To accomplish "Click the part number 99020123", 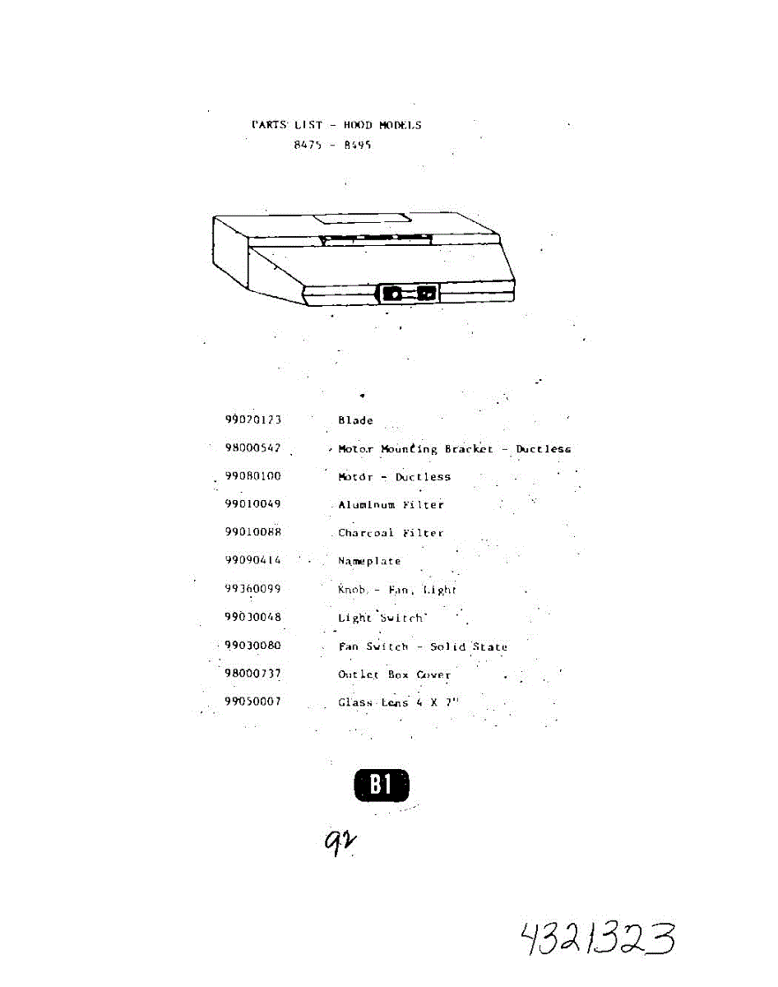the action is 253,419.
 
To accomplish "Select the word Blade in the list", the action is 355,420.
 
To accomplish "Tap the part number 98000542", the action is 253,448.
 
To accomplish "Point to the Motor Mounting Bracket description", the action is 454,449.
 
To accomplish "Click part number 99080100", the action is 253,476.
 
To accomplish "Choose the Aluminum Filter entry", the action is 391,505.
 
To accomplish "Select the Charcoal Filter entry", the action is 391,533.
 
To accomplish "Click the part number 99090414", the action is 253,560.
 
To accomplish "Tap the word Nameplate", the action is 369,561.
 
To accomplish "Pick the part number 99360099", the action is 253,589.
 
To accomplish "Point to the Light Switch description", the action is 381,618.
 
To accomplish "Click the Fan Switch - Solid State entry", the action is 423,646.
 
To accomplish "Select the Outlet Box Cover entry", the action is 394,674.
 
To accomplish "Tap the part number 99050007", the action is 253,702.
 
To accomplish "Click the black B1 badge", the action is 381,785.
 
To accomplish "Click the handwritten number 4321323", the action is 598,938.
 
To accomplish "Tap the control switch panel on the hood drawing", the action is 409,293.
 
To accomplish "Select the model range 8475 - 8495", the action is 332,145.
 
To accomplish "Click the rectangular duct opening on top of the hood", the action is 363,220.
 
